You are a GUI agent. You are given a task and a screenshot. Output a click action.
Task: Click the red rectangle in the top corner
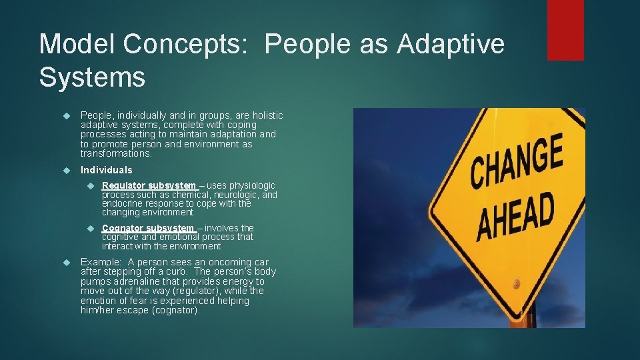click(x=565, y=30)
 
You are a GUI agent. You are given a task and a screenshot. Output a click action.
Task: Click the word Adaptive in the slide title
click(x=451, y=45)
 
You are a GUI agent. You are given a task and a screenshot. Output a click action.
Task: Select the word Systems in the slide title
click(x=92, y=77)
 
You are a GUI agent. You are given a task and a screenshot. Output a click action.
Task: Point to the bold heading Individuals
click(x=106, y=170)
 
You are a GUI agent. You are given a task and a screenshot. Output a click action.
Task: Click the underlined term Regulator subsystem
click(x=149, y=185)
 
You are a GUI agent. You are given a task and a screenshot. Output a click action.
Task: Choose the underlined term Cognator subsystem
click(x=148, y=228)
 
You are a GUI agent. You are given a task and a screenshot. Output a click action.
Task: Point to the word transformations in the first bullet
click(x=116, y=153)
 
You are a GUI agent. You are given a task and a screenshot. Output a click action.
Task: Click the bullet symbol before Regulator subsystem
click(x=91, y=186)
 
